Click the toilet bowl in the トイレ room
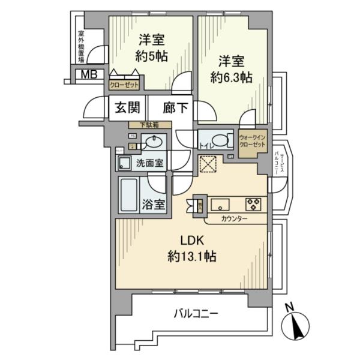tap(220, 141)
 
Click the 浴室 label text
tap(153, 205)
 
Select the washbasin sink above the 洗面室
tap(154, 143)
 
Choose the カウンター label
tap(234, 219)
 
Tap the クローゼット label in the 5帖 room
tap(124, 85)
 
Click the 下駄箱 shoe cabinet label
tap(149, 125)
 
